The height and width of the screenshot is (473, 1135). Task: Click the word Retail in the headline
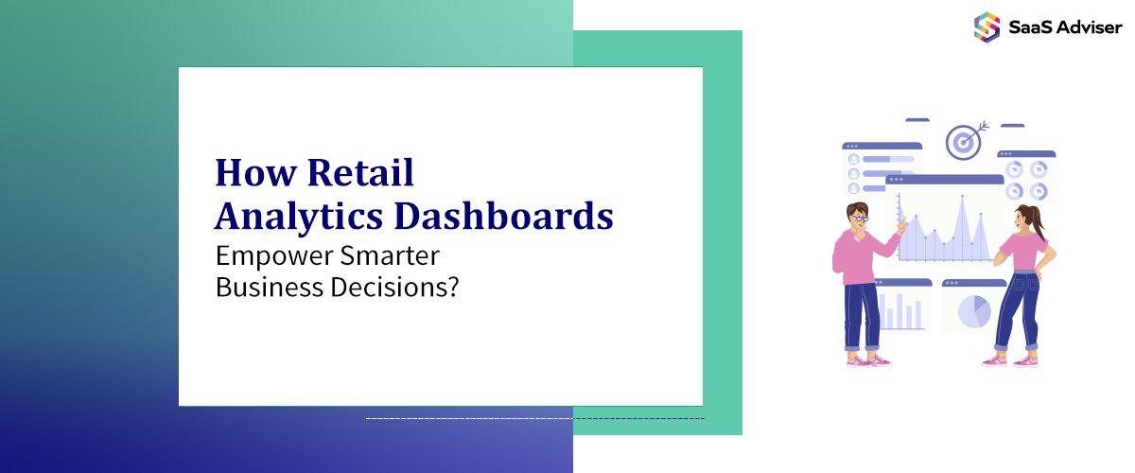360,173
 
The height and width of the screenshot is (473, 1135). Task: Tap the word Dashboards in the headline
503,216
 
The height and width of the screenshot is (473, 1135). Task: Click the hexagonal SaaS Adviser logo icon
987,26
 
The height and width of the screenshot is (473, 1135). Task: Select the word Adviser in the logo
1088,27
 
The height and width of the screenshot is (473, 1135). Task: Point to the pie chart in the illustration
974,310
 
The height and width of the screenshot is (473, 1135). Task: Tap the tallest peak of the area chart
962,199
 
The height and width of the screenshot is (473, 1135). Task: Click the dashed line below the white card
534,417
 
